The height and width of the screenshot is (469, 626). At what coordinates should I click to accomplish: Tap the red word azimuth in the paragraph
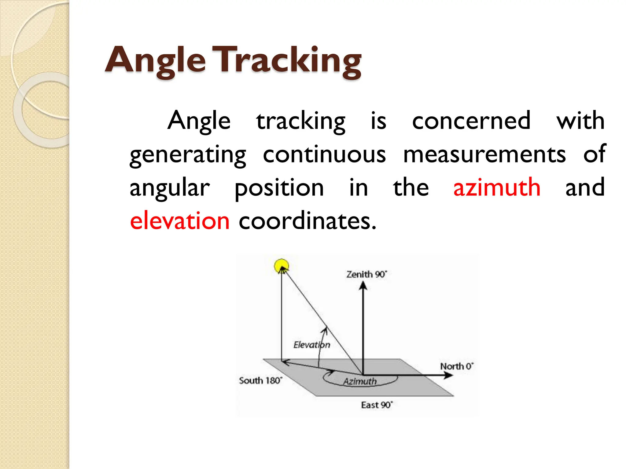497,187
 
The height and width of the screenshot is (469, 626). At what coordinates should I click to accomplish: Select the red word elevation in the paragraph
180,220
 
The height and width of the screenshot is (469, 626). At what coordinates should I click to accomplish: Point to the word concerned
471,121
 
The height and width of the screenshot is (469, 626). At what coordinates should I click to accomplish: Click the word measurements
484,154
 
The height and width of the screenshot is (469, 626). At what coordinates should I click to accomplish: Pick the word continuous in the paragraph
324,154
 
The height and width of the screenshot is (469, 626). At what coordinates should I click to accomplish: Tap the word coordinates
307,220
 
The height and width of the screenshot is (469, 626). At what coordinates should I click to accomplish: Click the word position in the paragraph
279,188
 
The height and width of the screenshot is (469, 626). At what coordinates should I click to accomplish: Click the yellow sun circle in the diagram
281,266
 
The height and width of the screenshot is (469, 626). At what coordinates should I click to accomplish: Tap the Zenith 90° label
366,274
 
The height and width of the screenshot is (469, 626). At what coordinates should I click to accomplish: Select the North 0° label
457,366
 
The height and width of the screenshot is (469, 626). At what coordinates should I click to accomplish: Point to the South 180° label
260,380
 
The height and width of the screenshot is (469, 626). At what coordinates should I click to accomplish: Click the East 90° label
377,405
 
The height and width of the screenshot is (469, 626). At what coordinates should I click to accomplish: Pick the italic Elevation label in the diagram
311,345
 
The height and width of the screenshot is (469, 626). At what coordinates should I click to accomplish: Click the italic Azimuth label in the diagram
360,381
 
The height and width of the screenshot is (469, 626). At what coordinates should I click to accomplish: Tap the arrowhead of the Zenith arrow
363,285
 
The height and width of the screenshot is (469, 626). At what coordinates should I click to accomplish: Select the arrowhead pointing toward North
448,375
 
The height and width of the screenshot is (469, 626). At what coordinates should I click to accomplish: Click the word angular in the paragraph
170,188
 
